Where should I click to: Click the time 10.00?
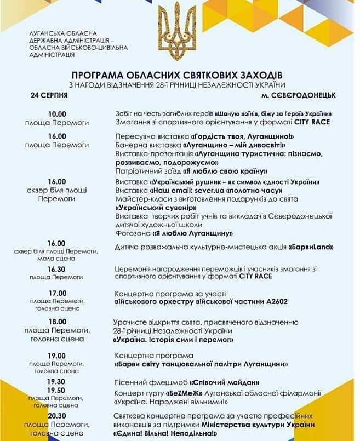(x=56, y=114)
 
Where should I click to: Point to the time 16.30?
(x=56, y=269)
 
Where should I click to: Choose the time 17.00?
(x=56, y=293)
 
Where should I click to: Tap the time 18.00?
(x=56, y=322)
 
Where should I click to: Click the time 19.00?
(x=56, y=356)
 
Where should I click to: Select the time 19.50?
(x=56, y=390)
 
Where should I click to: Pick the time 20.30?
(x=56, y=416)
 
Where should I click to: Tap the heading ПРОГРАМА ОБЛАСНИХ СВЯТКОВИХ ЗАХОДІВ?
(x=179, y=74)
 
